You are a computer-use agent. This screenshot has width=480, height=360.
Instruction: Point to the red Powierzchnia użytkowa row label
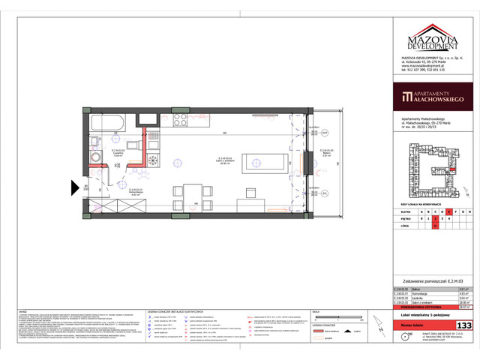pos(416,305)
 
